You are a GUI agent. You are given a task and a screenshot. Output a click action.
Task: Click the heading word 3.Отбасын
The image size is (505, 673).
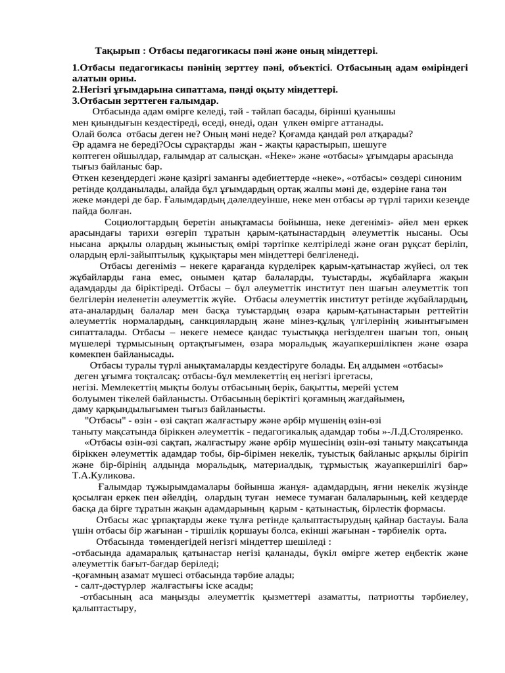tap(97, 100)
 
